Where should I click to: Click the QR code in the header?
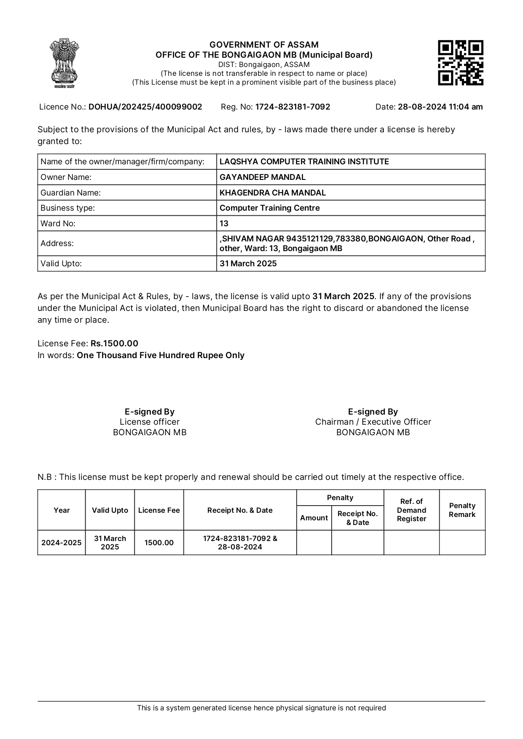(460, 63)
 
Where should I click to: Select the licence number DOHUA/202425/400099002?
(145, 107)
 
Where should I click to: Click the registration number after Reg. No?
(292, 107)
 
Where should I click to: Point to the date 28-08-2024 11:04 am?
(440, 107)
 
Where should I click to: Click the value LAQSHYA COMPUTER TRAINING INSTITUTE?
(304, 162)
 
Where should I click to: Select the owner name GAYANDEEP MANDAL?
(262, 177)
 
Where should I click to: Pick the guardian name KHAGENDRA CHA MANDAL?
(272, 193)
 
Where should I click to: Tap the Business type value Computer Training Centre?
(269, 208)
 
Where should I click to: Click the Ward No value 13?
(224, 224)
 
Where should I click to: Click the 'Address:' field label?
(57, 244)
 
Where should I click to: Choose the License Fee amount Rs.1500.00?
(114, 343)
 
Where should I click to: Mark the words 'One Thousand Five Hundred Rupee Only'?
(160, 355)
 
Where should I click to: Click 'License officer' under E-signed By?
(150, 422)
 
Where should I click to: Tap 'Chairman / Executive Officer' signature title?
(373, 422)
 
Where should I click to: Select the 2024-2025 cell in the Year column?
(62, 543)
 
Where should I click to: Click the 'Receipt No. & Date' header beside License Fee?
(240, 510)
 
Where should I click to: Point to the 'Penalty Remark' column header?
(462, 510)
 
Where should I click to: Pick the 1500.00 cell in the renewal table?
(159, 543)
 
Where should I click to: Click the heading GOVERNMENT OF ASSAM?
(264, 45)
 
